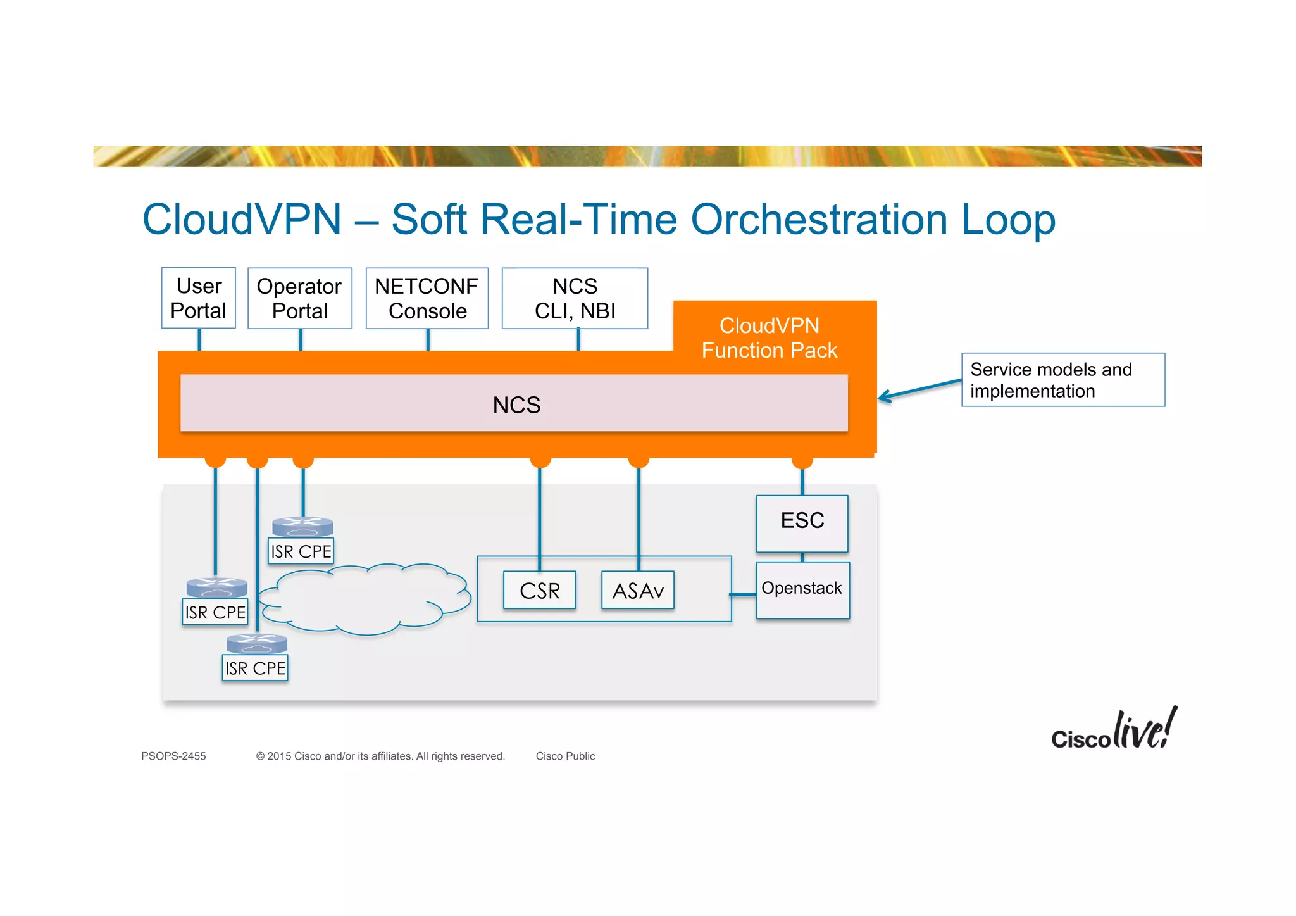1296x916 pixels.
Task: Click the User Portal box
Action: coord(198,298)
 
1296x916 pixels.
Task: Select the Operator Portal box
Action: coord(299,298)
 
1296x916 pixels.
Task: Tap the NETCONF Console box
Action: coord(427,298)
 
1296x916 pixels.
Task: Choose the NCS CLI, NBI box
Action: coord(575,298)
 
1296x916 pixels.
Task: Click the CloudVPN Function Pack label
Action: coord(769,337)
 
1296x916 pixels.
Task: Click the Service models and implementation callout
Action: coord(1062,380)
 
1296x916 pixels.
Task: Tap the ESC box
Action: coord(802,523)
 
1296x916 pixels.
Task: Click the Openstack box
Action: coord(802,589)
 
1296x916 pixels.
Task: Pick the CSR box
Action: coord(540,591)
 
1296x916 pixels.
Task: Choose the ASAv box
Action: coord(638,591)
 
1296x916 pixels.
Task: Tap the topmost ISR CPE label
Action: coord(301,551)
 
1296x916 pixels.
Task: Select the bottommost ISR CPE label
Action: coord(255,668)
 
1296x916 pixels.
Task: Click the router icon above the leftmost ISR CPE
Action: coord(216,587)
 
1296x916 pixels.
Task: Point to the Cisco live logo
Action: coord(1114,730)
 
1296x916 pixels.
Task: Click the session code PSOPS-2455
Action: coord(173,756)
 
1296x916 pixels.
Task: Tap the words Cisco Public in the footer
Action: coord(565,756)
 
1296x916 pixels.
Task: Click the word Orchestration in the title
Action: coord(819,220)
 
